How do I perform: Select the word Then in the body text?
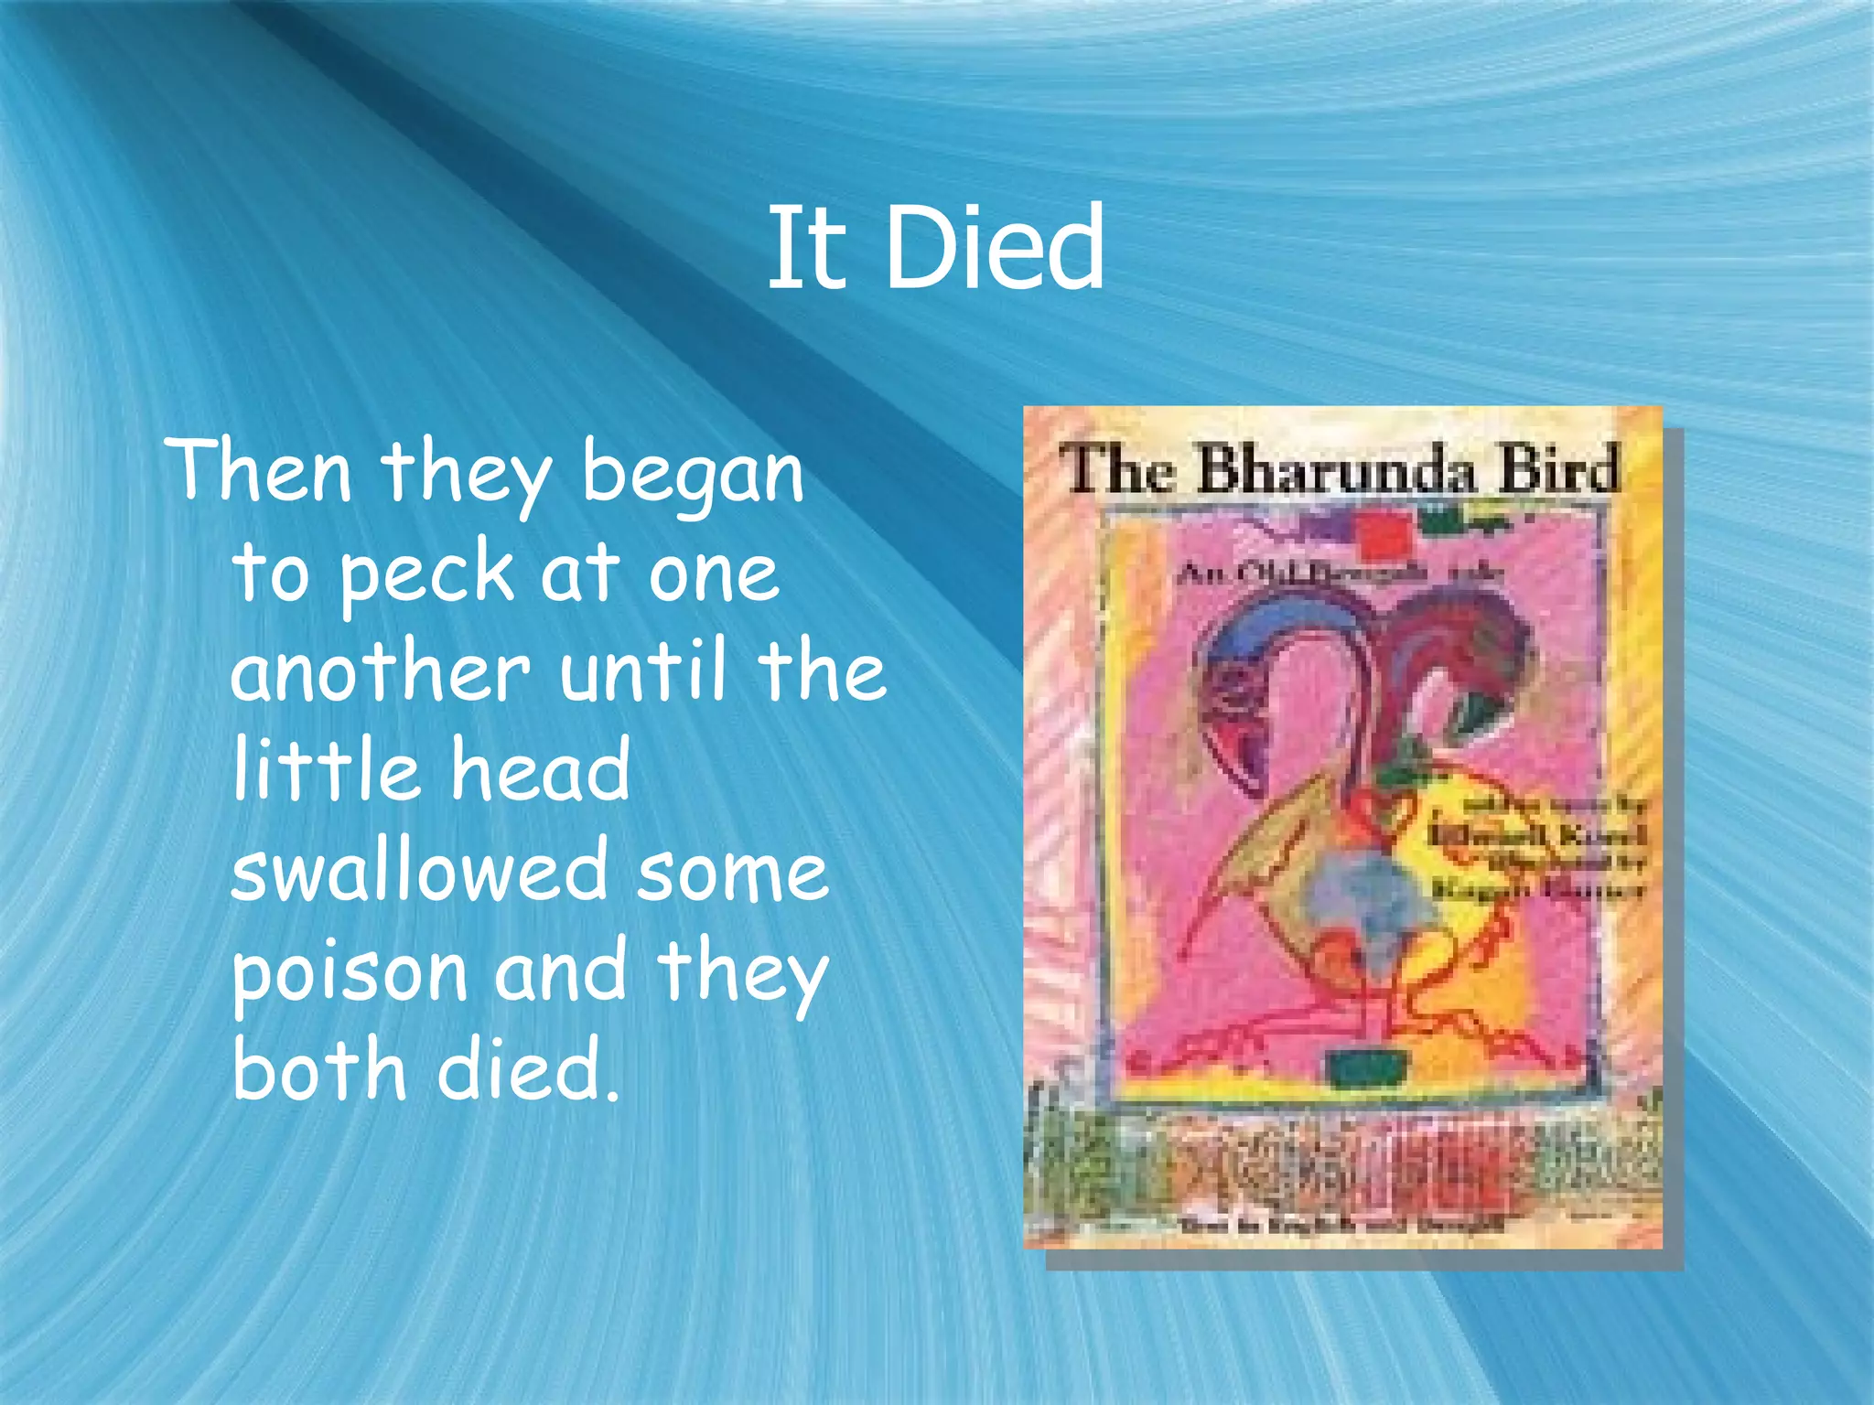pyautogui.click(x=260, y=471)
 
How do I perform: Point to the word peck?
pyautogui.click(x=426, y=574)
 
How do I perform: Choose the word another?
pyautogui.click(x=381, y=671)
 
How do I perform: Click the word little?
pyautogui.click(x=325, y=770)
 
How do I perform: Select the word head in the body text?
pyautogui.click(x=541, y=770)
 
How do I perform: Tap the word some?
pyautogui.click(x=732, y=871)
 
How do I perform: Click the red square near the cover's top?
pyautogui.click(x=1383, y=536)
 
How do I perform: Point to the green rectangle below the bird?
pyautogui.click(x=1367, y=1067)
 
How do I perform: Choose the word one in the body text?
pyautogui.click(x=714, y=574)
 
